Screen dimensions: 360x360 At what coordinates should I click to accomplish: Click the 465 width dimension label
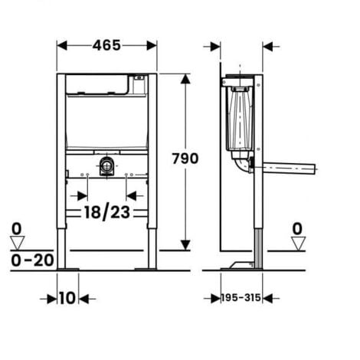[107, 45]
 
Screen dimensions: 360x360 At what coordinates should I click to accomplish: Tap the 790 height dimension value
[185, 159]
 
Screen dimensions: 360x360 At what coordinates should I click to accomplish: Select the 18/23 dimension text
[107, 213]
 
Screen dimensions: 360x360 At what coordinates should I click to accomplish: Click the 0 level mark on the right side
[297, 227]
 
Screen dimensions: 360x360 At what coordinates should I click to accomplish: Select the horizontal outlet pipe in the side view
[287, 166]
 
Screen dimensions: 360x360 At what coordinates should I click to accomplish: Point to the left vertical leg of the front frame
[61, 169]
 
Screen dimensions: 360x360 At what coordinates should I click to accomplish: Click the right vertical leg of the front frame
[154, 169]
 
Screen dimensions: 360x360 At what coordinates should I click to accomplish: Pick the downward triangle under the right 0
[297, 243]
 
